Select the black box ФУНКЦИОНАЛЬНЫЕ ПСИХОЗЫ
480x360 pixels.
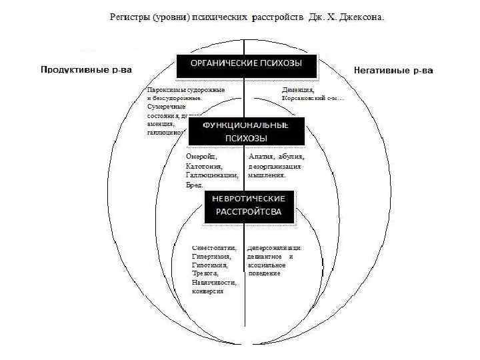247,131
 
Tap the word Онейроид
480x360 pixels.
201,157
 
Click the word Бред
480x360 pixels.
194,185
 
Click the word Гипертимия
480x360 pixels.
207,256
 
